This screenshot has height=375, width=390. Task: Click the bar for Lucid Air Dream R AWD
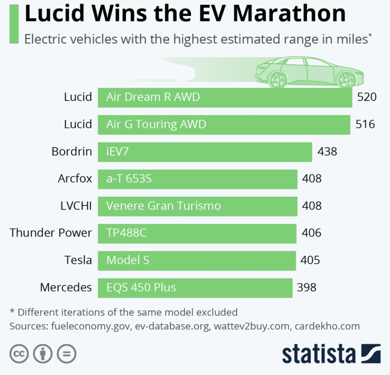pos(225,97)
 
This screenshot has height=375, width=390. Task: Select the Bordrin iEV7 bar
pos(204,152)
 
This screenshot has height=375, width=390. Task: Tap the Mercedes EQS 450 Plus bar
pos(195,287)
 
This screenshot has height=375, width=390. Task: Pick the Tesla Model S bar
pos(196,260)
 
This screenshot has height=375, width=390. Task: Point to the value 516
pos(365,125)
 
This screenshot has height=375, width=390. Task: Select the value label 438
pos(327,152)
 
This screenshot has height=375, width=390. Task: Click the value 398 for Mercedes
pos(307,287)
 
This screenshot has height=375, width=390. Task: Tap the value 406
pos(312,233)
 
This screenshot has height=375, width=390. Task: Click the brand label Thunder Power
pos(51,233)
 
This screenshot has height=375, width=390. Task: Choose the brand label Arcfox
pos(75,179)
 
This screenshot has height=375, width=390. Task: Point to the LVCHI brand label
pos(75,206)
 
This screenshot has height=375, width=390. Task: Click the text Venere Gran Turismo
pos(164,206)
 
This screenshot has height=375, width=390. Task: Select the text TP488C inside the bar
pos(127,233)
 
